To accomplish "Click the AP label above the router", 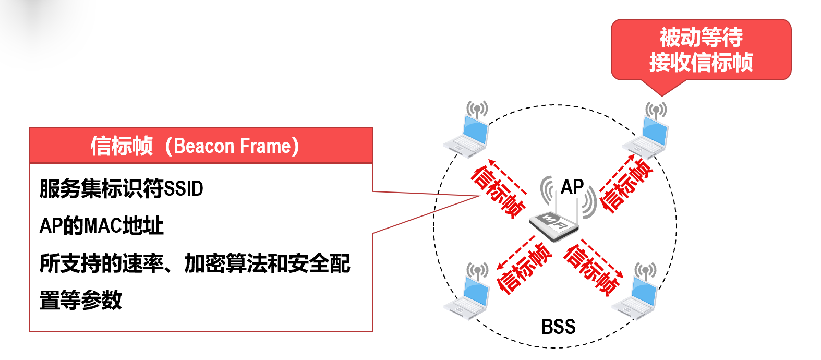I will click(572, 187).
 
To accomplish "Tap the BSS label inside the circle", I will click(558, 327).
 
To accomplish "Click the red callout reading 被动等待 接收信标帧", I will click(701, 50).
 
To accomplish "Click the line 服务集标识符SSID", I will click(121, 188).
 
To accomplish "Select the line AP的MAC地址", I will click(102, 225).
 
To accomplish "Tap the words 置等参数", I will click(81, 300).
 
